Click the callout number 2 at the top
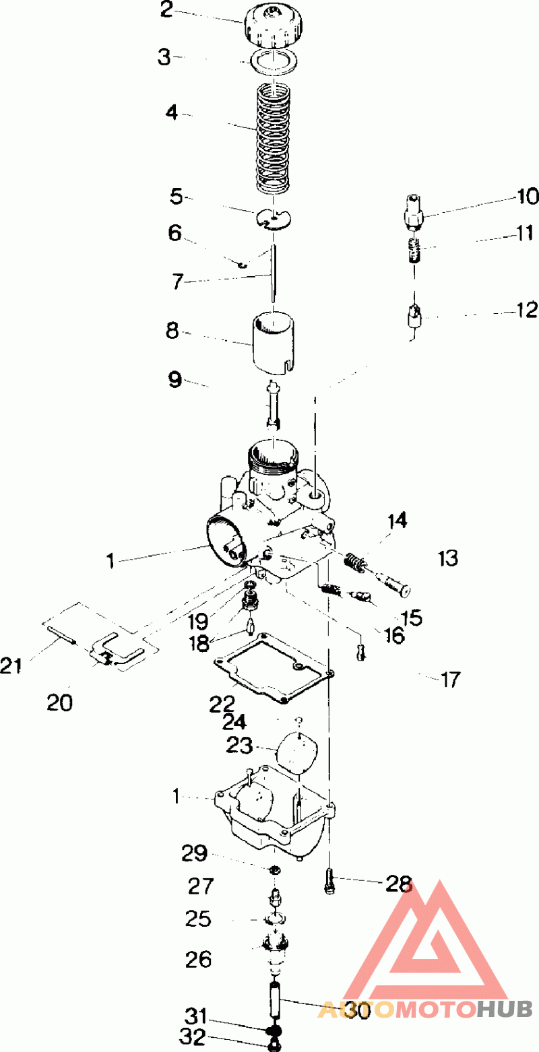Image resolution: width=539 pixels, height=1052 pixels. pos(166,10)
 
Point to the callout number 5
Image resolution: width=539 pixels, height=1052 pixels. pos(177,196)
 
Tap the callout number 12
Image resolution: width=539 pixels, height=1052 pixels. pos(526,310)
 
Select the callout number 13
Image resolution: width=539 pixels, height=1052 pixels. pos(447,558)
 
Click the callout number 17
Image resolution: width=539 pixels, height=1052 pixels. pos(450,680)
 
